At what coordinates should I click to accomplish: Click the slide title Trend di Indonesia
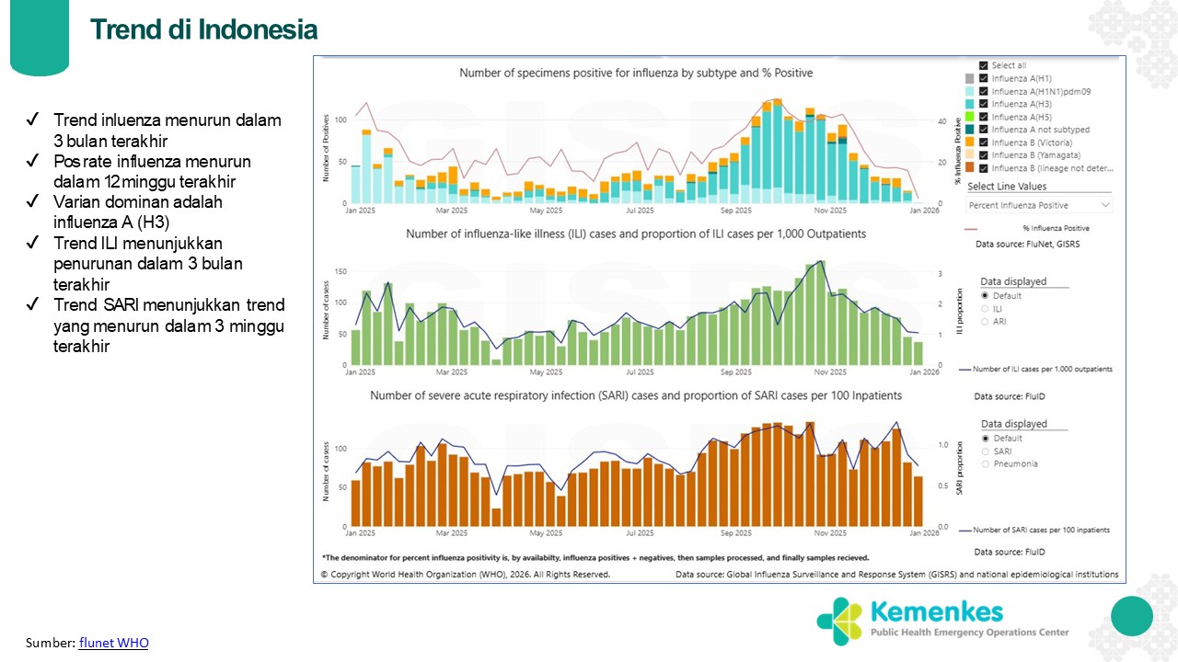pyautogui.click(x=203, y=29)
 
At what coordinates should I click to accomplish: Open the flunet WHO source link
pyautogui.click(x=113, y=643)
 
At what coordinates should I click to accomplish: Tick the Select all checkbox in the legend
pyautogui.click(x=984, y=65)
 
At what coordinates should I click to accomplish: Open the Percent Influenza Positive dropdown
pyautogui.click(x=1038, y=204)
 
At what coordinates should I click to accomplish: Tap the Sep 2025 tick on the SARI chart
pyautogui.click(x=735, y=532)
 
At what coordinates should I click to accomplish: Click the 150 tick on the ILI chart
pyautogui.click(x=341, y=271)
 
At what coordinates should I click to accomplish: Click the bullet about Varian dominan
pyautogui.click(x=138, y=211)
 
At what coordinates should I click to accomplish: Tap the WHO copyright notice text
pyautogui.click(x=465, y=574)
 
